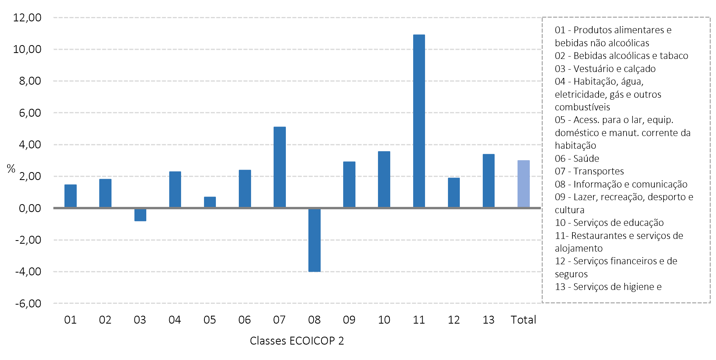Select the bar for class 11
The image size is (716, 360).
click(x=419, y=121)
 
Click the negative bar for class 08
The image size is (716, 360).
click(x=314, y=240)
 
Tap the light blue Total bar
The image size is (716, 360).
click(x=523, y=184)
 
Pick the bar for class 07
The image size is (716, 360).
click(x=280, y=167)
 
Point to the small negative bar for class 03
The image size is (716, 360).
click(x=140, y=215)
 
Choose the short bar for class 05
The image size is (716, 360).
click(x=210, y=202)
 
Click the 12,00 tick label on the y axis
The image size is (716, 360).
click(x=27, y=17)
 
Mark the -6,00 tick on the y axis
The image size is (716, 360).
click(x=28, y=303)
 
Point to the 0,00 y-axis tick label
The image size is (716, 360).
click(x=30, y=208)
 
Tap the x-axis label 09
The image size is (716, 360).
click(x=349, y=320)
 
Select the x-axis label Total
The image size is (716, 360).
click(x=523, y=320)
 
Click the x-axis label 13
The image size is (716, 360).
click(x=489, y=320)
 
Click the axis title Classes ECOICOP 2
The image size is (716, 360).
click(x=297, y=341)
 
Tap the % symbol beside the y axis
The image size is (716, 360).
click(x=11, y=169)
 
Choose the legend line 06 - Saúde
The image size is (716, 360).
click(x=577, y=159)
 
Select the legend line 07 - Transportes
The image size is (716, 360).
click(x=589, y=171)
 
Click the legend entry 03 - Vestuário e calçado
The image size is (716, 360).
click(x=605, y=69)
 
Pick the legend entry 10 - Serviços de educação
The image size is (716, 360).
click(x=609, y=223)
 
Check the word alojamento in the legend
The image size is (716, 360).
click(x=579, y=248)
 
